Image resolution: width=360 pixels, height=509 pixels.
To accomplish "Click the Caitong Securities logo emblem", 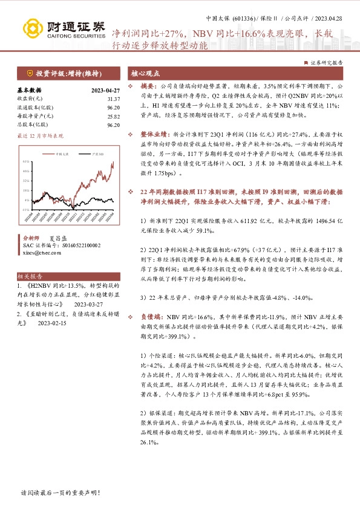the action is click(x=32, y=27).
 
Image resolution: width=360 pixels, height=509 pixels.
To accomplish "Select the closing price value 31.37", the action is click(x=113, y=98).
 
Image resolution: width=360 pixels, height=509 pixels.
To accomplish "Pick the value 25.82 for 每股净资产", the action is click(x=113, y=115).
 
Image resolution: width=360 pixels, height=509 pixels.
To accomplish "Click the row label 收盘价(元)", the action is click(x=30, y=98).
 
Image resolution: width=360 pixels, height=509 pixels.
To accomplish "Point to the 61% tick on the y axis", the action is click(x=26, y=163).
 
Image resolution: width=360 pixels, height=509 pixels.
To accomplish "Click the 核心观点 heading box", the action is click(x=146, y=73).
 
